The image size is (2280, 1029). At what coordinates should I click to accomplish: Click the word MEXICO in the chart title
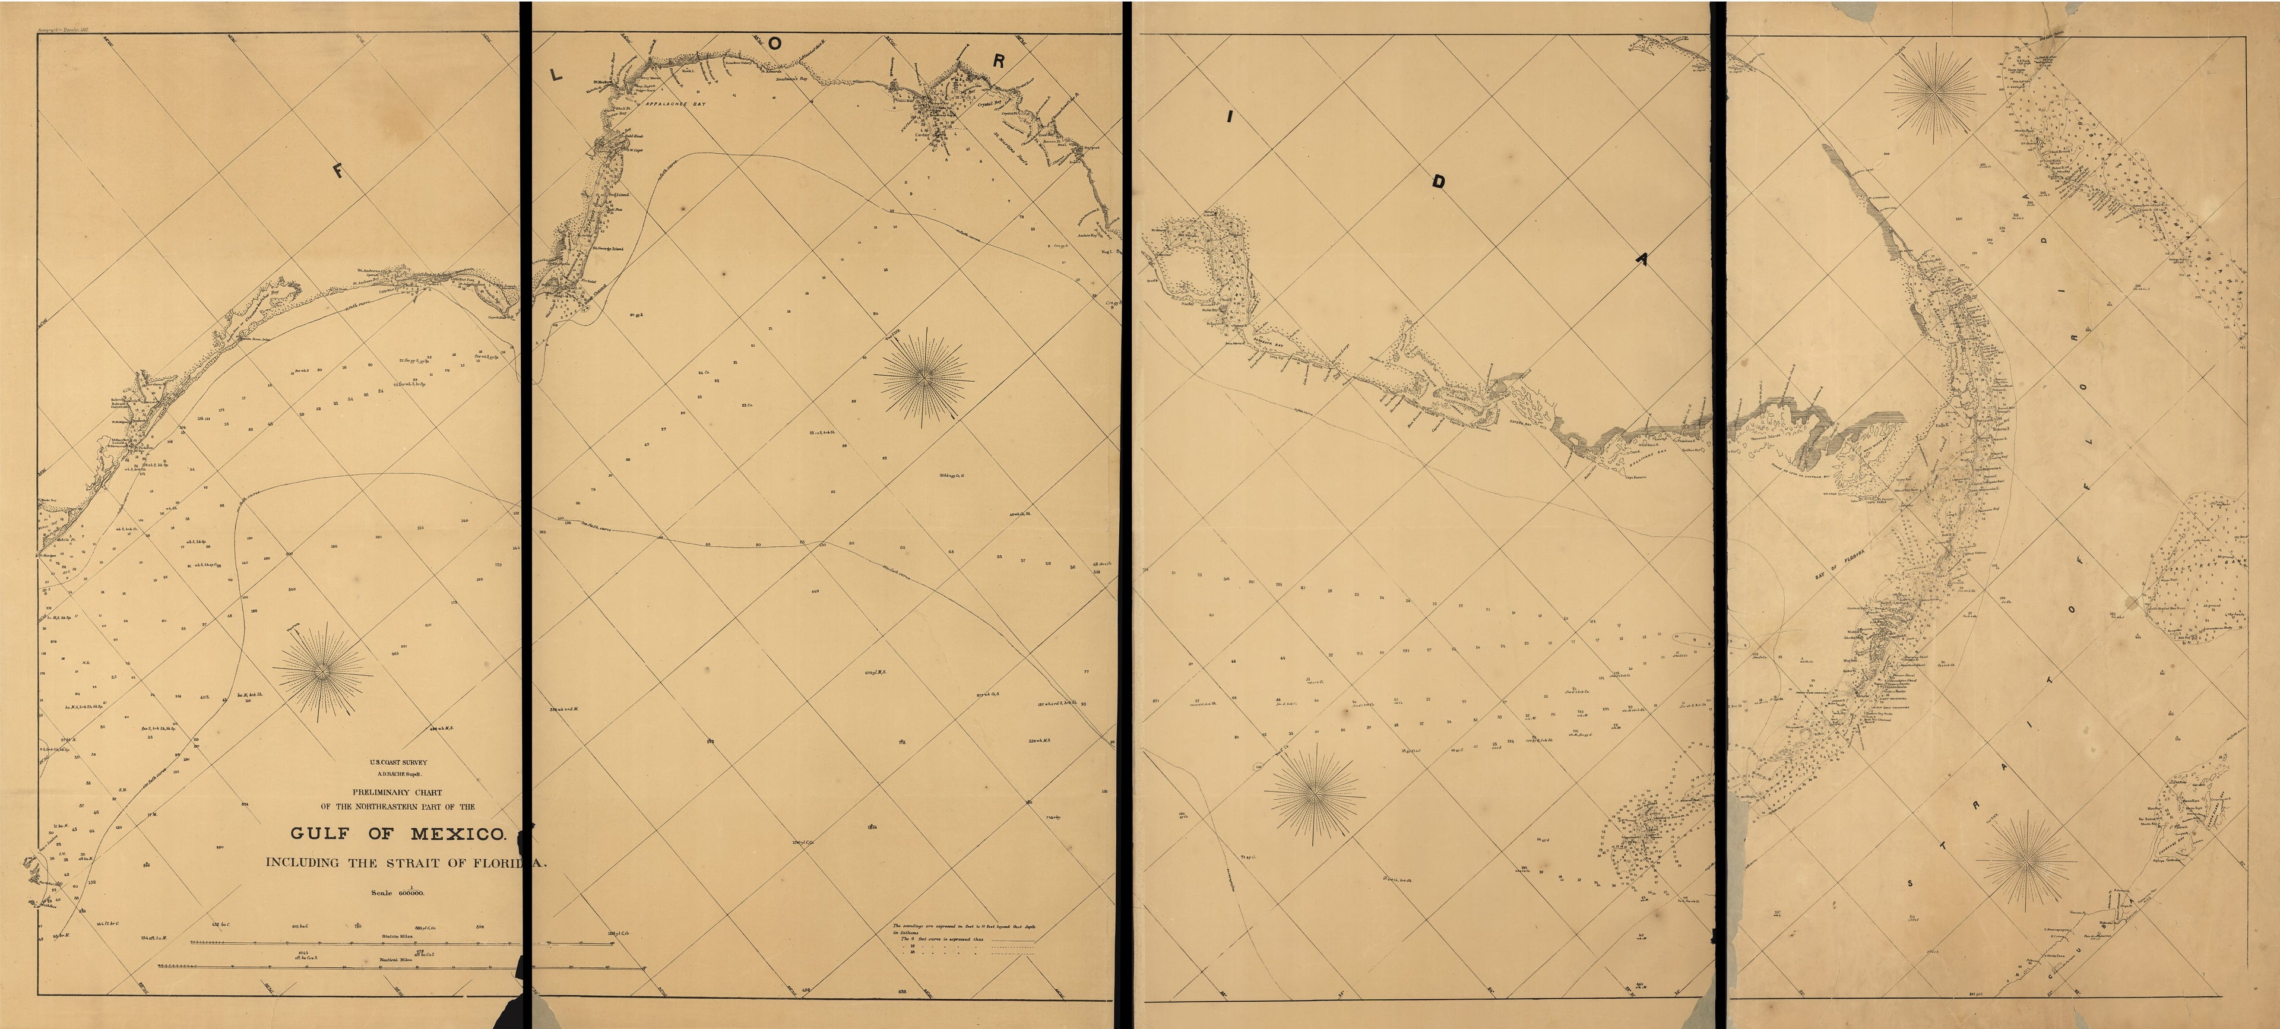click(x=457, y=834)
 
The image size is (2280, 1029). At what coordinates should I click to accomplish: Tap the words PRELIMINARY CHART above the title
click(x=397, y=793)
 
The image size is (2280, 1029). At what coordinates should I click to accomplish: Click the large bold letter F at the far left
click(x=340, y=172)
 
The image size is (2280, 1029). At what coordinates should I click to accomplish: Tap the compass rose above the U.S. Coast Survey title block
click(x=322, y=672)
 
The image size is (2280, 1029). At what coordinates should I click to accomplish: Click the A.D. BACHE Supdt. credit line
click(x=398, y=772)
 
